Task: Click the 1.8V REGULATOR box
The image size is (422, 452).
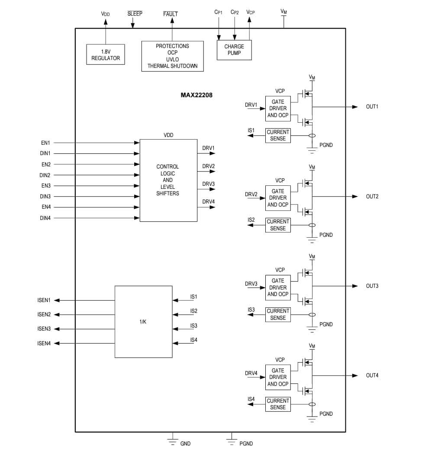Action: tap(106, 54)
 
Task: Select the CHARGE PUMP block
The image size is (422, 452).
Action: tap(234, 50)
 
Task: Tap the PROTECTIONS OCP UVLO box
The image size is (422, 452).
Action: tap(172, 56)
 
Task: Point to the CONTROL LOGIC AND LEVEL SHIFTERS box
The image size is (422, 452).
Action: tap(168, 180)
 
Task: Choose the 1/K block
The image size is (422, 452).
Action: tap(143, 321)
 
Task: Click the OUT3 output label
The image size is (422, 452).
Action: tap(372, 286)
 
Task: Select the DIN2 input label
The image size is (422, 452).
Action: tap(45, 175)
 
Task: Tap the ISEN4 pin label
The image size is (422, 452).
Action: tap(44, 344)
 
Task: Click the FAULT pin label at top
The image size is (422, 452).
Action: tap(171, 14)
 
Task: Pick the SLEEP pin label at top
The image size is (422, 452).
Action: tap(135, 13)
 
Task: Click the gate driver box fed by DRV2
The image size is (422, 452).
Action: tap(278, 198)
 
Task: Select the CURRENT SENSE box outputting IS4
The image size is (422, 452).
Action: tap(278, 404)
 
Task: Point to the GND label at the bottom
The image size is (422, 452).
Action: tap(185, 444)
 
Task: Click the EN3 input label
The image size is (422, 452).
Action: tap(46, 186)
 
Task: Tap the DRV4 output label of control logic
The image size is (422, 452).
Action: tap(208, 202)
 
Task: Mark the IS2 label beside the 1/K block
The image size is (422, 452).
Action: tap(194, 311)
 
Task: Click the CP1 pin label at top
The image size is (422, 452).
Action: tap(219, 13)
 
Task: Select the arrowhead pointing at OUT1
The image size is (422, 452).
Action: tap(355, 107)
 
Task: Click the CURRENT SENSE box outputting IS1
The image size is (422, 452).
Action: tap(278, 135)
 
